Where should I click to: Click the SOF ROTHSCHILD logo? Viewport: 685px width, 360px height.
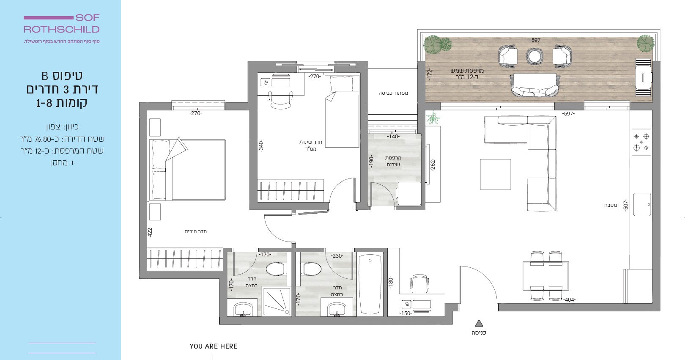(61, 24)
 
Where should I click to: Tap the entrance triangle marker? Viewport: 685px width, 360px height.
(479, 323)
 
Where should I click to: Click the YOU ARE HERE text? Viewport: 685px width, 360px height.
(214, 346)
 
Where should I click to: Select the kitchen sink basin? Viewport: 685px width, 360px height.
(642, 204)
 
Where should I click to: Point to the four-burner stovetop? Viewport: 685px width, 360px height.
(641, 142)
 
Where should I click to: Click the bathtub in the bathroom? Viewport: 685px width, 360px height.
(370, 284)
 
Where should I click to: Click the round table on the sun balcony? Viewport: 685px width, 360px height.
(534, 57)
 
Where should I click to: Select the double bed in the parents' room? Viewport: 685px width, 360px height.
(187, 170)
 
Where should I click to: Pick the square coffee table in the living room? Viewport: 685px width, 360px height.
(496, 174)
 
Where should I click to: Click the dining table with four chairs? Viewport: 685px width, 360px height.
(546, 275)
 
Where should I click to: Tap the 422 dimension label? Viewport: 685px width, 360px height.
(150, 232)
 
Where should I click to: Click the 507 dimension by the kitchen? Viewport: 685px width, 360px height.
(626, 205)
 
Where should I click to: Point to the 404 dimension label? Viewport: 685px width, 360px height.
(570, 300)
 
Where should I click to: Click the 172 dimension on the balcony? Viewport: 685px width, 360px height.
(430, 74)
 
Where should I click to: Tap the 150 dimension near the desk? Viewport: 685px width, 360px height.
(406, 313)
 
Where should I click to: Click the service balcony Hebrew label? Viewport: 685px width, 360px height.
(393, 161)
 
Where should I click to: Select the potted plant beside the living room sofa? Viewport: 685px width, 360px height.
(433, 118)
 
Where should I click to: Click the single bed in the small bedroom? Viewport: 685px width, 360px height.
(342, 112)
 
